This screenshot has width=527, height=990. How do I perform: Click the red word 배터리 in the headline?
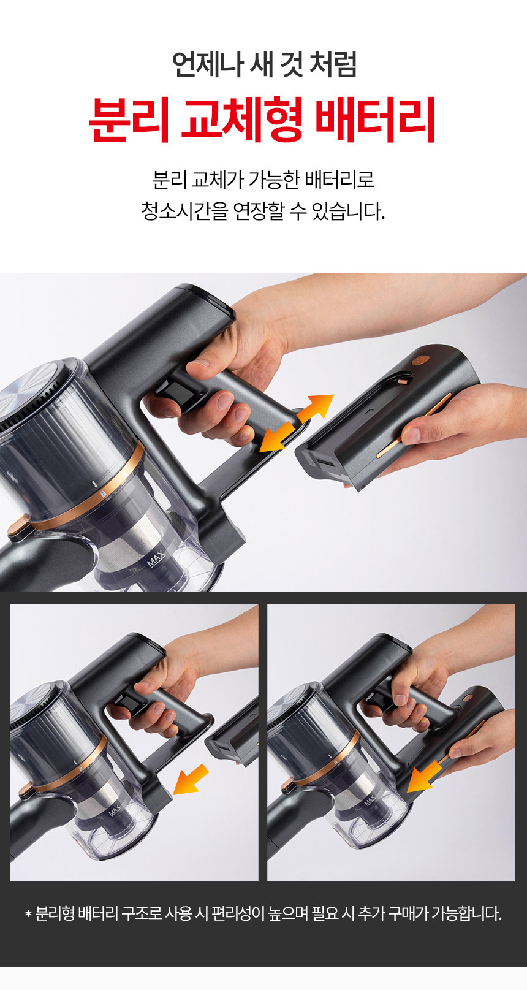[x=377, y=120]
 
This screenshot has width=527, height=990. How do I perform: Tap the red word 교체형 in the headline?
[x=241, y=120]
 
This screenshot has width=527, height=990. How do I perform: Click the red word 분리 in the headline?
[x=129, y=120]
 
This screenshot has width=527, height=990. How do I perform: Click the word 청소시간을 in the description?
[x=184, y=211]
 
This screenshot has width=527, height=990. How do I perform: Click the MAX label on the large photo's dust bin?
[x=156, y=559]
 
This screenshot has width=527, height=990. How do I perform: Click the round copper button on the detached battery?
[x=417, y=360]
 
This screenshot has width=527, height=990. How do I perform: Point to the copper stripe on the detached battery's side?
[x=413, y=425]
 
